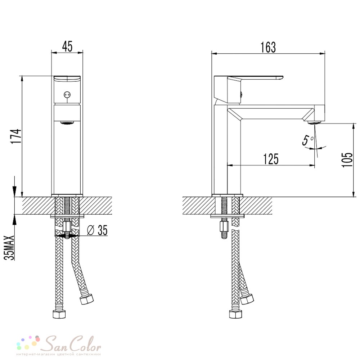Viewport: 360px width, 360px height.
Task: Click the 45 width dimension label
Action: (x=67, y=46)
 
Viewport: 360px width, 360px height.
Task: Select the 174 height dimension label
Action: (x=16, y=136)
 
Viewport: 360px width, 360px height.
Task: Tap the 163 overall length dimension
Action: (x=268, y=47)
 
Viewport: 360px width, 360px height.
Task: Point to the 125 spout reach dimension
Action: (x=271, y=159)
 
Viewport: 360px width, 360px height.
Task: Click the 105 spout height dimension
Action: (x=347, y=159)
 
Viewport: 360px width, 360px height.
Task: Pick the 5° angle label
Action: (x=308, y=140)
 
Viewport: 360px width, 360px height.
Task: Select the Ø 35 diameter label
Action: (x=98, y=230)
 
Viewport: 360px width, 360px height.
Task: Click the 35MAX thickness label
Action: (x=9, y=248)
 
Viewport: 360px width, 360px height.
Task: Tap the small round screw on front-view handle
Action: (x=67, y=94)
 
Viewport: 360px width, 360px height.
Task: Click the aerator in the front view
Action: (x=67, y=123)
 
